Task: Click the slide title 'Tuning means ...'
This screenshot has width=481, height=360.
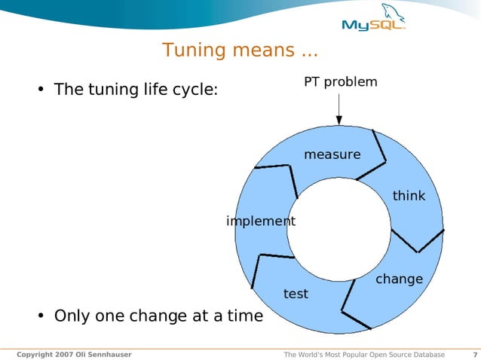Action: pos(240,51)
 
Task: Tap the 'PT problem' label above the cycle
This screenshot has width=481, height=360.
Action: pos(341,81)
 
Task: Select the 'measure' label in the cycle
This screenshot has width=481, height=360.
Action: pos(332,154)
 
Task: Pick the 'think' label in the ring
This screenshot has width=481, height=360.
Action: pos(409,196)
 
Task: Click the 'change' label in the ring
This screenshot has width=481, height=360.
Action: pos(399,279)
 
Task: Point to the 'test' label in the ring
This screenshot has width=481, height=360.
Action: pos(296,294)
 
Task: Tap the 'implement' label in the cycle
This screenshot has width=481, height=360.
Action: pos(261,221)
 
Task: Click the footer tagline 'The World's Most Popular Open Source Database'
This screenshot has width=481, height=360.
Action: pos(363,355)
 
